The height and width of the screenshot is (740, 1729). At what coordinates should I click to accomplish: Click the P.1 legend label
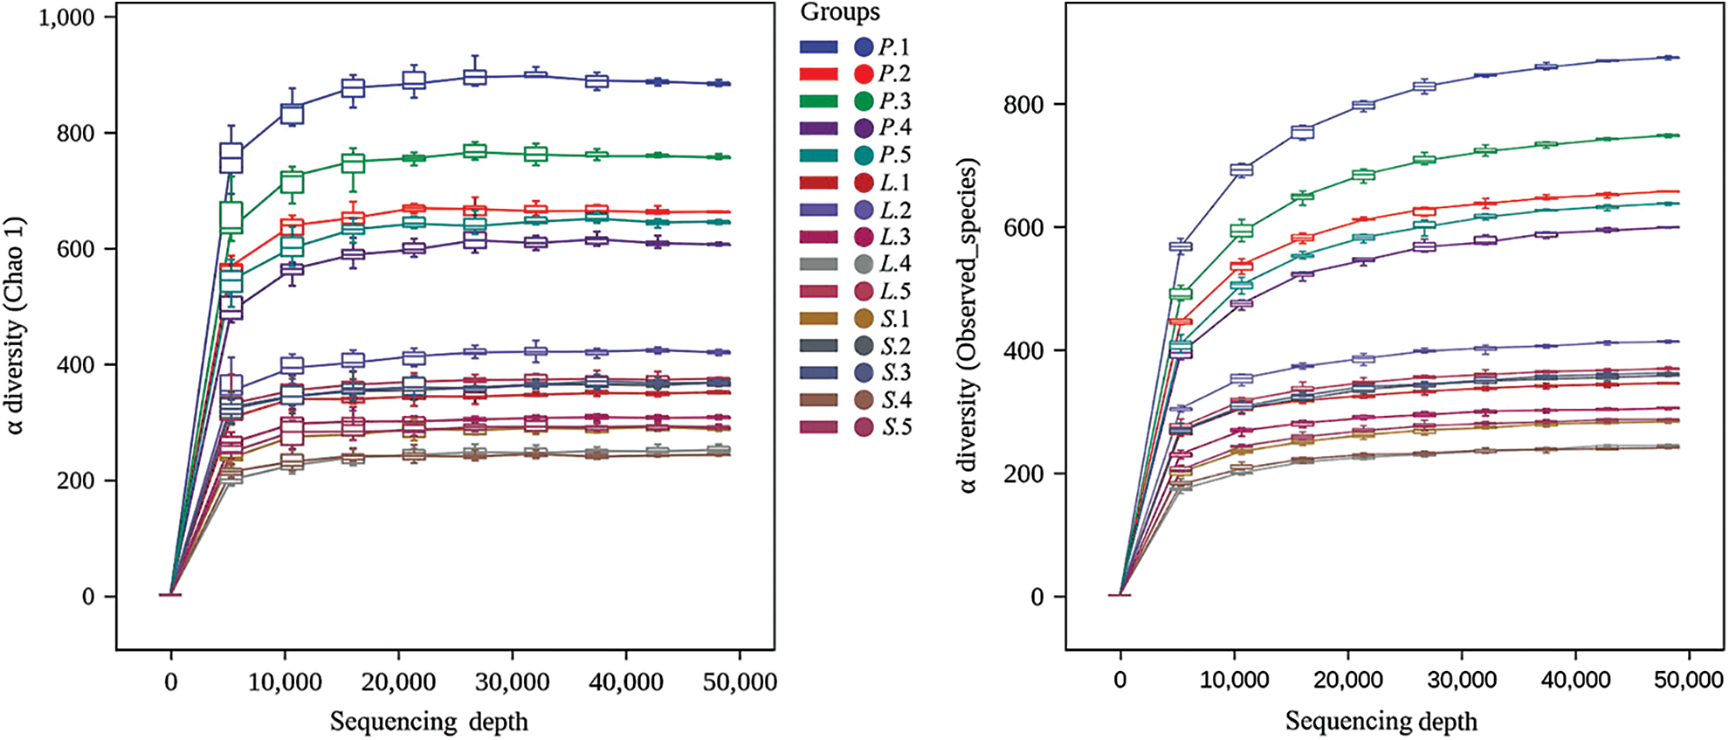point(894,47)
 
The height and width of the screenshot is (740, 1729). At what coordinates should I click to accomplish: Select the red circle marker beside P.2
point(864,74)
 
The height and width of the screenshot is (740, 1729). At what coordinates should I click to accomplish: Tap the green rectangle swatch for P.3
point(818,101)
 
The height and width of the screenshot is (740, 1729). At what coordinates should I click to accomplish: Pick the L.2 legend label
point(895,211)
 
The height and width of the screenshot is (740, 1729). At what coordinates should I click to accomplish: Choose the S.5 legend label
point(896,427)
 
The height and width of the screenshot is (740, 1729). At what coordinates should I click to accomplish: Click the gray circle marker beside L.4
point(864,264)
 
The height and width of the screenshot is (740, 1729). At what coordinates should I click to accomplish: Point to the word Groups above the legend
point(840,12)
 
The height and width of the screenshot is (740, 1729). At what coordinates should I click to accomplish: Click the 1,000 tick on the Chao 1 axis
point(66,17)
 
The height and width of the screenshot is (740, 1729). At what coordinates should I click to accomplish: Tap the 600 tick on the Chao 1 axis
point(76,249)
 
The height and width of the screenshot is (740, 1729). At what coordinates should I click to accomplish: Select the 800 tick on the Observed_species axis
point(1024,105)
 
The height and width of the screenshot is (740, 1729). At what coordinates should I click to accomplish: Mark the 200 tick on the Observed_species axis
point(1024,474)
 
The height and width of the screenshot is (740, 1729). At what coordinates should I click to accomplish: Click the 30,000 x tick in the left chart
point(513,682)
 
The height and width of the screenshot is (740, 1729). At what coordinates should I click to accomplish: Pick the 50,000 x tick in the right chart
point(1688,681)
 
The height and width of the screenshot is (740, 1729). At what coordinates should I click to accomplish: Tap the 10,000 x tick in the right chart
point(1234,681)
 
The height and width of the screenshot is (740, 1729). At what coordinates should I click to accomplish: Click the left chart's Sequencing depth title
point(429,722)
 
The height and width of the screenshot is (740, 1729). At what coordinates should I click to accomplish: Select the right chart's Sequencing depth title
point(1381,722)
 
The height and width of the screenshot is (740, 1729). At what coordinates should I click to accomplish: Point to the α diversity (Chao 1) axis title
point(17,325)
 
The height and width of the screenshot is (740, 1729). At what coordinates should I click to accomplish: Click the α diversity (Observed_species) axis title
point(968,325)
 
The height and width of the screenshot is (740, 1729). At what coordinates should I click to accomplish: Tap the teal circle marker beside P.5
point(864,156)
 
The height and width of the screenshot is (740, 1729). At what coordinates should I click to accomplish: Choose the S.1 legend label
point(895,319)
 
